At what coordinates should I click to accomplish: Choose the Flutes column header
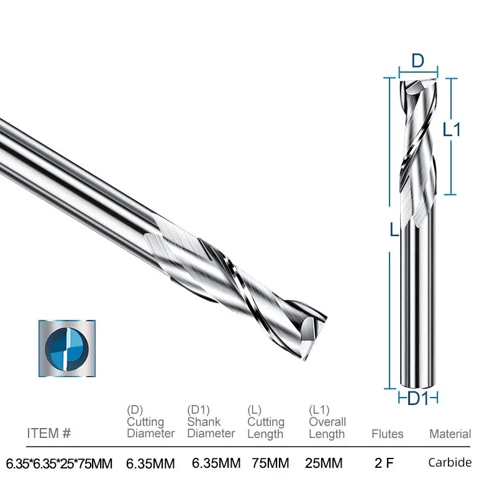point(387,434)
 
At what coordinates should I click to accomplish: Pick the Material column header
point(450,434)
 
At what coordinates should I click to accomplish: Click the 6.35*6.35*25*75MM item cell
point(58,463)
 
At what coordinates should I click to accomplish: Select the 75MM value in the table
point(271,463)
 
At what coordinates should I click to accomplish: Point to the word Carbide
point(450,462)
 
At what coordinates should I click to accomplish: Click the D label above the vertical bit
point(417,62)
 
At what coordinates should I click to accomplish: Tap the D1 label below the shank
point(417,398)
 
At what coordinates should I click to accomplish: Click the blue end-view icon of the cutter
point(68,349)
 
